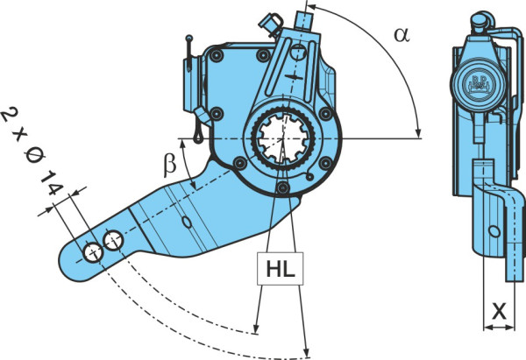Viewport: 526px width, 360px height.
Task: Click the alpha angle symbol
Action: pyautogui.click(x=402, y=35)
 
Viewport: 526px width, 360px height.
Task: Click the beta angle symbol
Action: pyautogui.click(x=170, y=165)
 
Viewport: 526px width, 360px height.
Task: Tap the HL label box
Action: pyautogui.click(x=281, y=269)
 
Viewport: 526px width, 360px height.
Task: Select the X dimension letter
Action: pyautogui.click(x=499, y=312)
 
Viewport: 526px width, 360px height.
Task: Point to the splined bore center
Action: pyautogui.click(x=283, y=138)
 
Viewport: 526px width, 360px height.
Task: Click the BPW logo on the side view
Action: pyautogui.click(x=477, y=83)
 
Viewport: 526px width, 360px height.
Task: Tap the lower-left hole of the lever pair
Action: pyautogui.click(x=93, y=253)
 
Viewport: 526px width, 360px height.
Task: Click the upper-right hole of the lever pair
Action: pyautogui.click(x=114, y=240)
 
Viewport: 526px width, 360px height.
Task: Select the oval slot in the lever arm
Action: pyautogui.click(x=187, y=222)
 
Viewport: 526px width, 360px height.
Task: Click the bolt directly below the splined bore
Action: pyautogui.click(x=283, y=187)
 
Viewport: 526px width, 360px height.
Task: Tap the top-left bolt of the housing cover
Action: pyautogui.click(x=216, y=56)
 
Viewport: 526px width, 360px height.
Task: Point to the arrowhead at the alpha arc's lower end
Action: pyautogui.click(x=418, y=133)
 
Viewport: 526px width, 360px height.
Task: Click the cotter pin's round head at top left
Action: pyautogui.click(x=188, y=38)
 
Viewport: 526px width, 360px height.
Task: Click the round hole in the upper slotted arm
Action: pyautogui.click(x=298, y=53)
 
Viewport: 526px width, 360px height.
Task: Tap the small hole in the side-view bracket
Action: pyautogui.click(x=494, y=231)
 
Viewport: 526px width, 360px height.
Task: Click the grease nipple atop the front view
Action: pyautogui.click(x=304, y=21)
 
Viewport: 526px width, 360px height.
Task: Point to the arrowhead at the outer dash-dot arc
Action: pyautogui.click(x=306, y=352)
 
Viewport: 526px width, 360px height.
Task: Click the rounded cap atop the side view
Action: pyautogui.click(x=480, y=21)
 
